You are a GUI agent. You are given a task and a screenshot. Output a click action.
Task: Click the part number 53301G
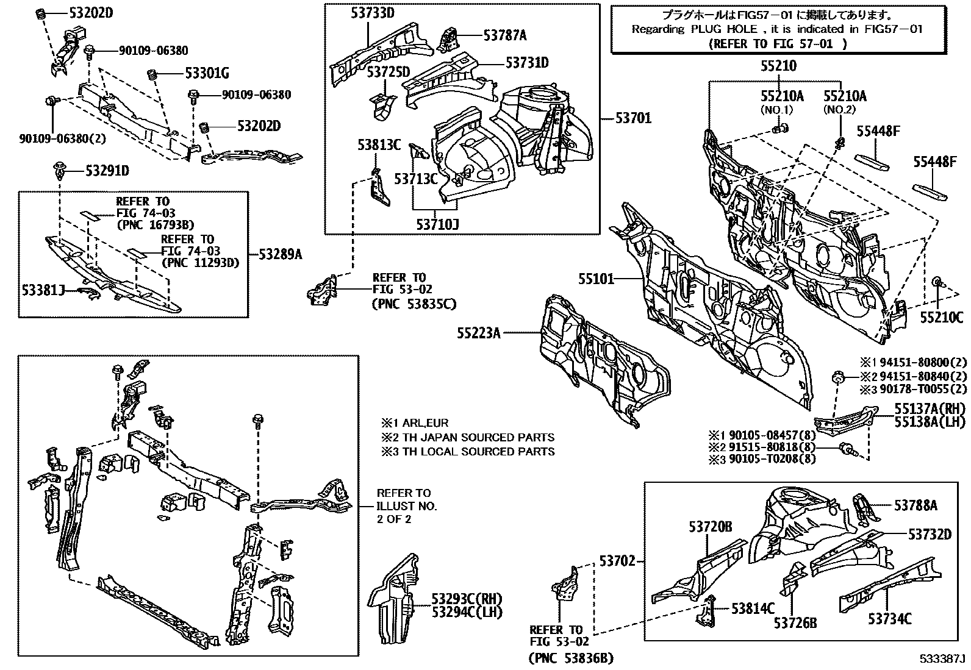(207, 74)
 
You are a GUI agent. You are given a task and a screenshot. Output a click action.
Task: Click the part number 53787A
(505, 35)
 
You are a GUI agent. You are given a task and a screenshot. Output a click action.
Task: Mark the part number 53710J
(437, 224)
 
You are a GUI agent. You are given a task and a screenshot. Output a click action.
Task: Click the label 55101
(596, 279)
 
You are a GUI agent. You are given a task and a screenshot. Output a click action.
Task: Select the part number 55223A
(479, 333)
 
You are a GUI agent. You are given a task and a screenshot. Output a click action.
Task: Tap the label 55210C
(941, 317)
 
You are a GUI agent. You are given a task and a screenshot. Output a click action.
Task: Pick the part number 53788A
(916, 505)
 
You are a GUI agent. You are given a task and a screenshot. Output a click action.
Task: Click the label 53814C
(753, 608)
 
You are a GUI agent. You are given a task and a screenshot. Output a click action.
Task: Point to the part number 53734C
(890, 619)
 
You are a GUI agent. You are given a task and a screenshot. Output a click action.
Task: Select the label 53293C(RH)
(467, 599)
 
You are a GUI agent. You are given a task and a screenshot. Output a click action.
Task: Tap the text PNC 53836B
(570, 658)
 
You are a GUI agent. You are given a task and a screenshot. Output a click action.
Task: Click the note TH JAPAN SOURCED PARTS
(468, 437)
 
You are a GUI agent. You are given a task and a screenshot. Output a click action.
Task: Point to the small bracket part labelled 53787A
(450, 39)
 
